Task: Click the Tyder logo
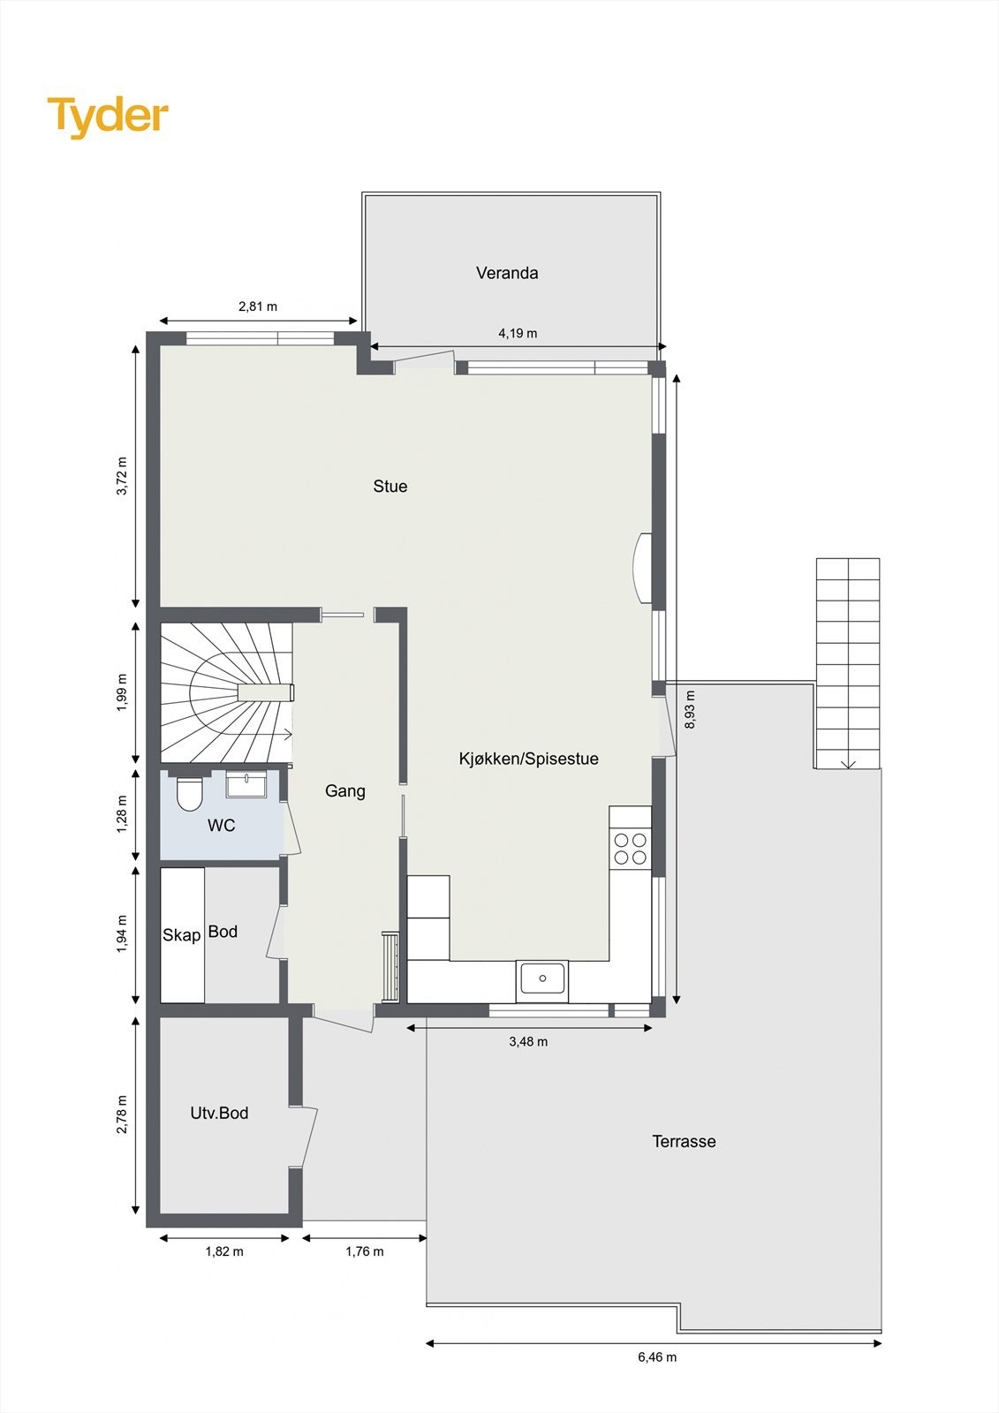pyautogui.click(x=108, y=117)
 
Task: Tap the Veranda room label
pyautogui.click(x=507, y=273)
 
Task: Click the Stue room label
pyautogui.click(x=390, y=487)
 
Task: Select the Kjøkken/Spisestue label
pyautogui.click(x=528, y=759)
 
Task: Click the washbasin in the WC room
pyautogui.click(x=246, y=784)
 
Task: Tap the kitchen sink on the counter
pyautogui.click(x=542, y=979)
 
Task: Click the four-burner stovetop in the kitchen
pyautogui.click(x=630, y=849)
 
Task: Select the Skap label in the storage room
pyautogui.click(x=181, y=934)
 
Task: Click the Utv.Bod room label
pyautogui.click(x=219, y=1114)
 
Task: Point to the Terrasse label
pyautogui.click(x=684, y=1142)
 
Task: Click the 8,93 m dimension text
pyautogui.click(x=690, y=710)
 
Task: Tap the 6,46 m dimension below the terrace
pyautogui.click(x=657, y=1356)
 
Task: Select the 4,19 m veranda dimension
pyautogui.click(x=518, y=334)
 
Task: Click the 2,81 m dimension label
pyautogui.click(x=258, y=307)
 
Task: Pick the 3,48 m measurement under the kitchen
pyautogui.click(x=528, y=1042)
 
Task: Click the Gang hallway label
pyautogui.click(x=344, y=791)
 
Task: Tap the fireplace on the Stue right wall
pyautogui.click(x=644, y=569)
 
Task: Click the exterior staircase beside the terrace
pyautogui.click(x=847, y=662)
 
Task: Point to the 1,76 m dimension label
pyautogui.click(x=365, y=1251)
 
